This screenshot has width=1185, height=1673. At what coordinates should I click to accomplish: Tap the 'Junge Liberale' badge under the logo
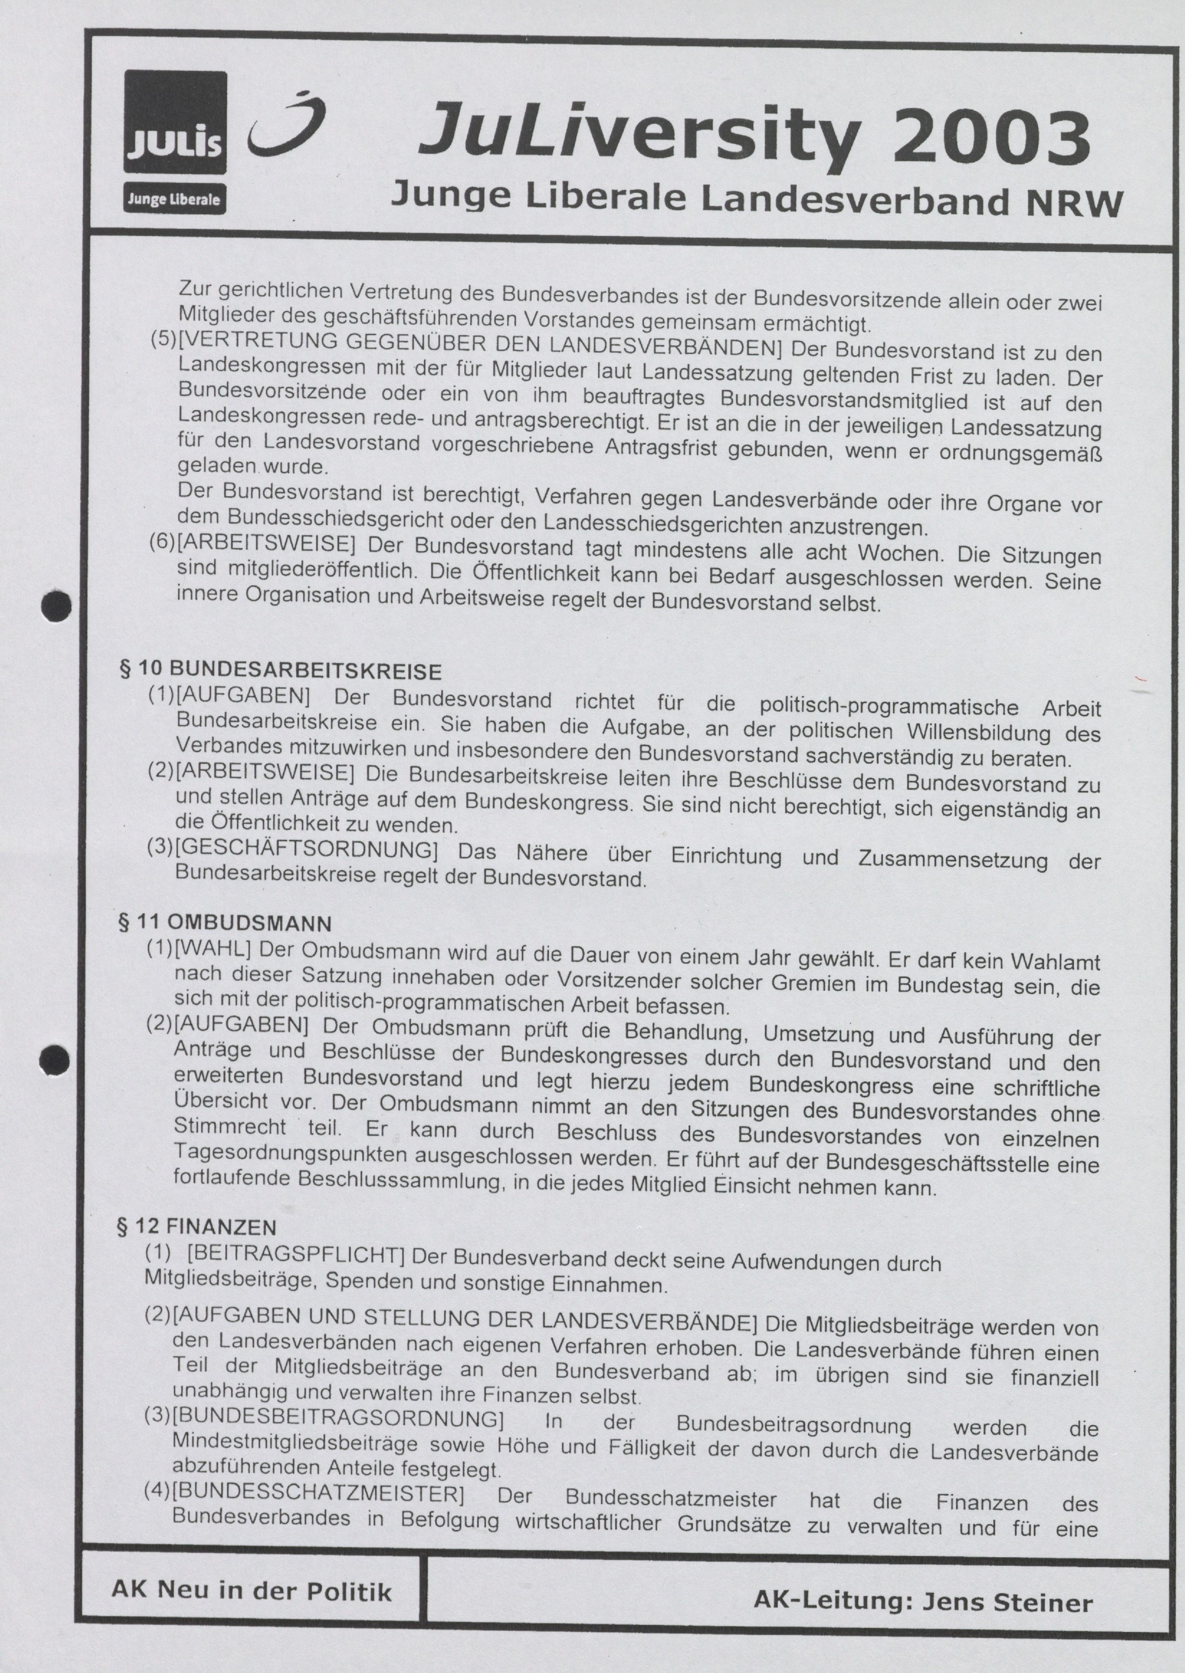175,198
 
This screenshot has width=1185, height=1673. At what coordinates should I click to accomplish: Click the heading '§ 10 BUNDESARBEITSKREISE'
281,670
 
